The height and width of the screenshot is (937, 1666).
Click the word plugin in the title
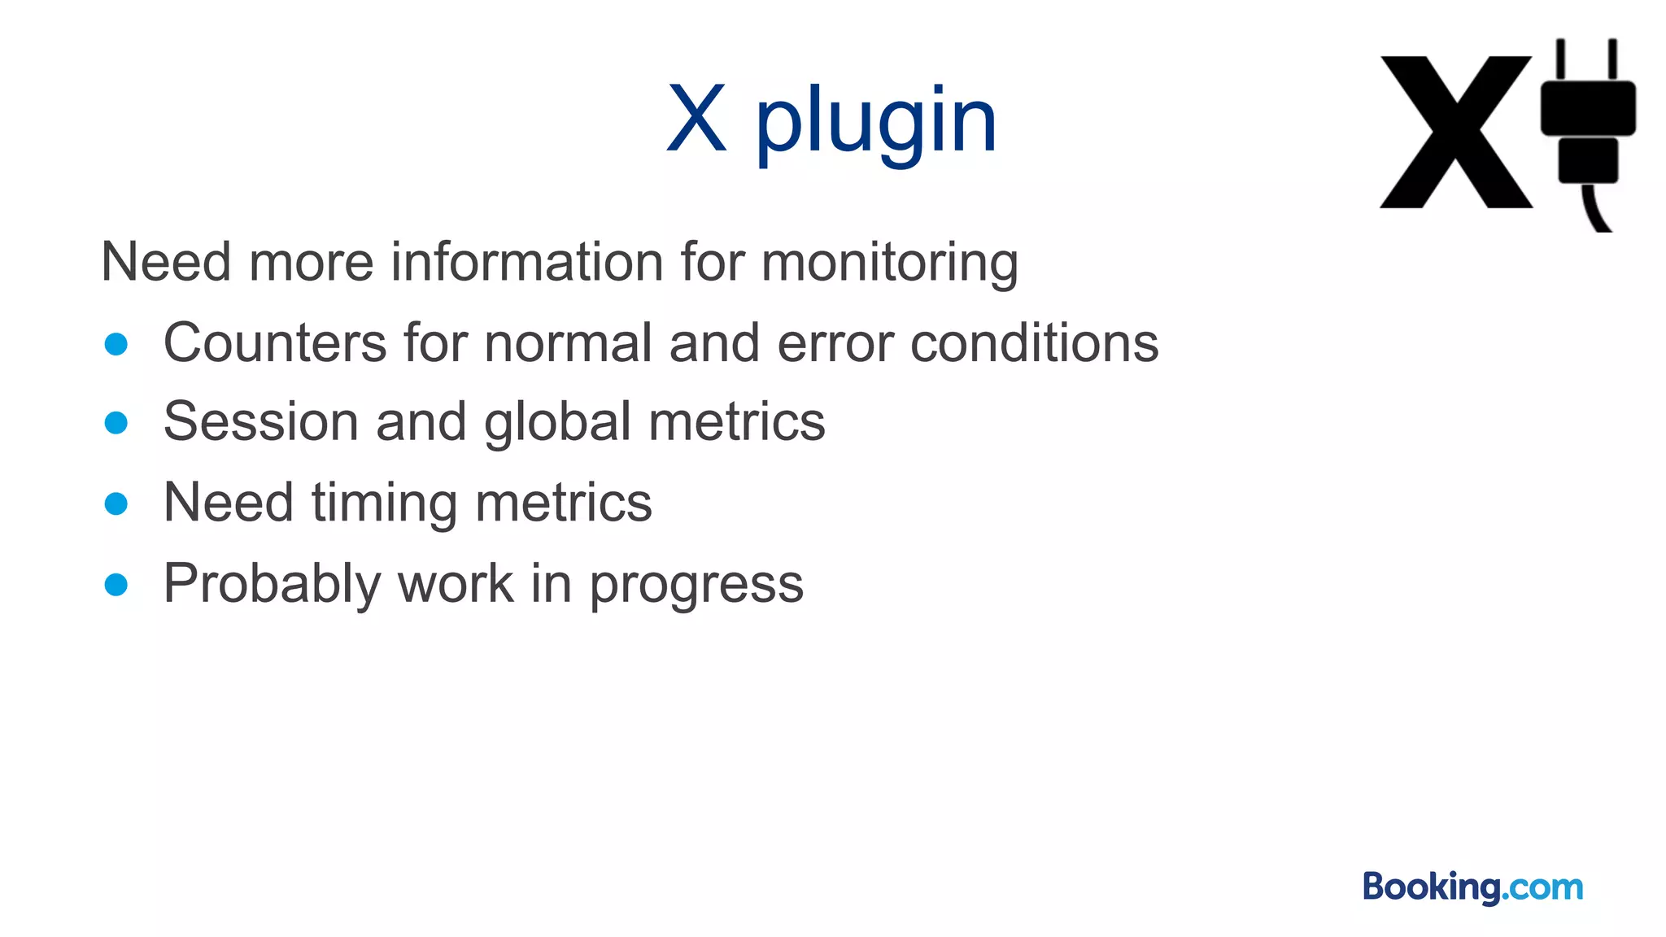[876, 122]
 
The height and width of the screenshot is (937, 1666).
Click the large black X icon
[1456, 132]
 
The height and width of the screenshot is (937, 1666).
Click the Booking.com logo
[1472, 887]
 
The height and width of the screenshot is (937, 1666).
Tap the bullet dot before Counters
[116, 343]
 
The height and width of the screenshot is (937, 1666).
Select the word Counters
[275, 342]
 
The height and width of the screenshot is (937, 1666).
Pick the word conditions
[1034, 342]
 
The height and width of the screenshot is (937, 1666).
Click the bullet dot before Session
[116, 423]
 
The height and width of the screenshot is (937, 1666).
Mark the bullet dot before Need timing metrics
[116, 503]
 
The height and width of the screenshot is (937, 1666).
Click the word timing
[385, 503]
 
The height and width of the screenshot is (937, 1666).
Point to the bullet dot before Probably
[116, 584]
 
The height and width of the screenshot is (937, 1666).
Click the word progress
[696, 584]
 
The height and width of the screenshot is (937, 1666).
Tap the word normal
[569, 342]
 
